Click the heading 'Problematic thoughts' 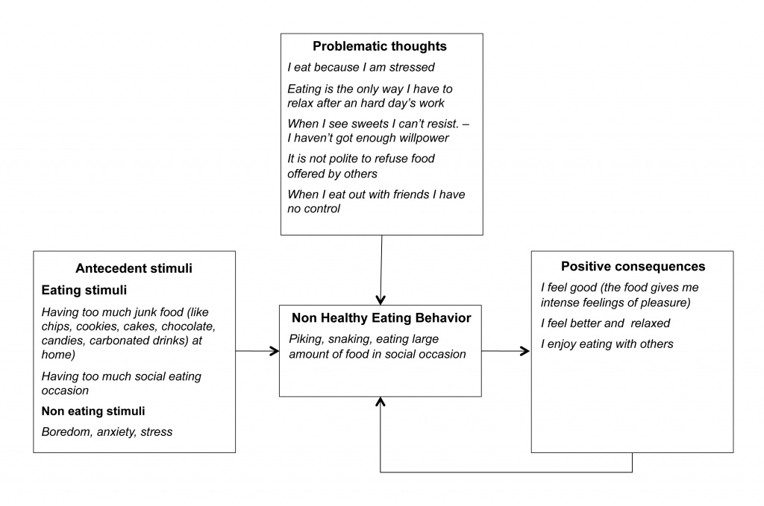(x=380, y=46)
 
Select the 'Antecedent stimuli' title (x=134, y=268)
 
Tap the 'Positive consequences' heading (x=633, y=267)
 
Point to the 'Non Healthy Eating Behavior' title (x=381, y=318)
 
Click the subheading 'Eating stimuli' (x=84, y=291)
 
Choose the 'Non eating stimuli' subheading (x=93, y=411)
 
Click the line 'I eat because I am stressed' (x=360, y=67)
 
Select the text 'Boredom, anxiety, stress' (x=107, y=432)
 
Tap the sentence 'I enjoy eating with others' (x=607, y=344)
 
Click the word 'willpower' (x=424, y=138)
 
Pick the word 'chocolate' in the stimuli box (x=188, y=326)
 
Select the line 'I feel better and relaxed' (x=605, y=323)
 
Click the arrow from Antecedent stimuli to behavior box (x=257, y=351)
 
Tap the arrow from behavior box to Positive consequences (x=506, y=351)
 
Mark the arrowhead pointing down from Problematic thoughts (x=381, y=300)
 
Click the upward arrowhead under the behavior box (x=381, y=402)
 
